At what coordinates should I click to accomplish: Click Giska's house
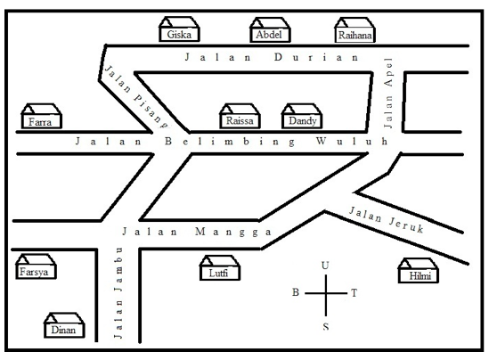(179, 29)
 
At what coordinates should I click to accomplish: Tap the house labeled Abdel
(270, 29)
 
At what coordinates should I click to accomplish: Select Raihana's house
(355, 30)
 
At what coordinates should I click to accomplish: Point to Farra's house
(41, 116)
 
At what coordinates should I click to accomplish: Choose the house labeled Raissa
(240, 116)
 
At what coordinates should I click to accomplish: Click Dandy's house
(302, 116)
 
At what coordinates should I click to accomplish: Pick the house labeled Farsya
(36, 266)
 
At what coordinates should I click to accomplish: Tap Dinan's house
(64, 324)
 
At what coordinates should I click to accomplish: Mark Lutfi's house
(220, 267)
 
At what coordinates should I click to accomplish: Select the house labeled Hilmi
(419, 270)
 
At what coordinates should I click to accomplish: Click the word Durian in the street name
(316, 57)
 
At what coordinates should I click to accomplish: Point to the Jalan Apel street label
(388, 93)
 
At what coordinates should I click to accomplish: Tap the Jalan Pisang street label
(136, 97)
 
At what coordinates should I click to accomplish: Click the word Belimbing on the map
(230, 142)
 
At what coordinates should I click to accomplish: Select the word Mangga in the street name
(233, 232)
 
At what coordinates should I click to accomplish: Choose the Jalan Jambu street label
(118, 293)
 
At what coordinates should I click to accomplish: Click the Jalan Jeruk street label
(386, 219)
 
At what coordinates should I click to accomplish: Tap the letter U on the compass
(325, 266)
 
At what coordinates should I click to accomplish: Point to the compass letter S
(326, 326)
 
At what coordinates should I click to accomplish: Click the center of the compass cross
(326, 293)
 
